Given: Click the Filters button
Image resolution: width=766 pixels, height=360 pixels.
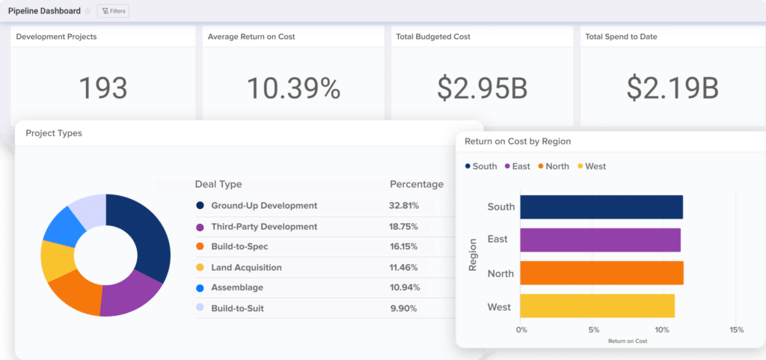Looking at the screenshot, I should click(113, 11).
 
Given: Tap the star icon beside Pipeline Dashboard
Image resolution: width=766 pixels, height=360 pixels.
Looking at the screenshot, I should click(88, 11).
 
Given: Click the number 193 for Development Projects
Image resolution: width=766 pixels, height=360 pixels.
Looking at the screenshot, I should click(103, 88).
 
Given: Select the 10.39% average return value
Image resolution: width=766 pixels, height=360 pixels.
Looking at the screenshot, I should click(293, 88).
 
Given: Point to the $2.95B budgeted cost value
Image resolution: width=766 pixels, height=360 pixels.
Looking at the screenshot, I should click(482, 88).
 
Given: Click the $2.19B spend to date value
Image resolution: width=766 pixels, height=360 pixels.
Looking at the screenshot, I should click(672, 88).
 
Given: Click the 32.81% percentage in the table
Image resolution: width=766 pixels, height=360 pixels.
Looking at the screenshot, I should click(404, 206).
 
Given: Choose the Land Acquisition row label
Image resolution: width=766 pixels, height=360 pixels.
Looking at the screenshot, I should click(246, 267).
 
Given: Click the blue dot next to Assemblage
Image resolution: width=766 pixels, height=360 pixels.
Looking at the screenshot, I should click(200, 287).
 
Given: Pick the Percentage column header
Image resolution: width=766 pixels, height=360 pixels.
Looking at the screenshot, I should click(416, 184).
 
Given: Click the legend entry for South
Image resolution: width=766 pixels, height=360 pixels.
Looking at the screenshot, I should click(480, 166).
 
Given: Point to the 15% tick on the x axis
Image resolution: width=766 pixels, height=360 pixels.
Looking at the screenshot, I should click(736, 330).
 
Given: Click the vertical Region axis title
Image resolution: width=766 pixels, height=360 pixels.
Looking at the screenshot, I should click(473, 255).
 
